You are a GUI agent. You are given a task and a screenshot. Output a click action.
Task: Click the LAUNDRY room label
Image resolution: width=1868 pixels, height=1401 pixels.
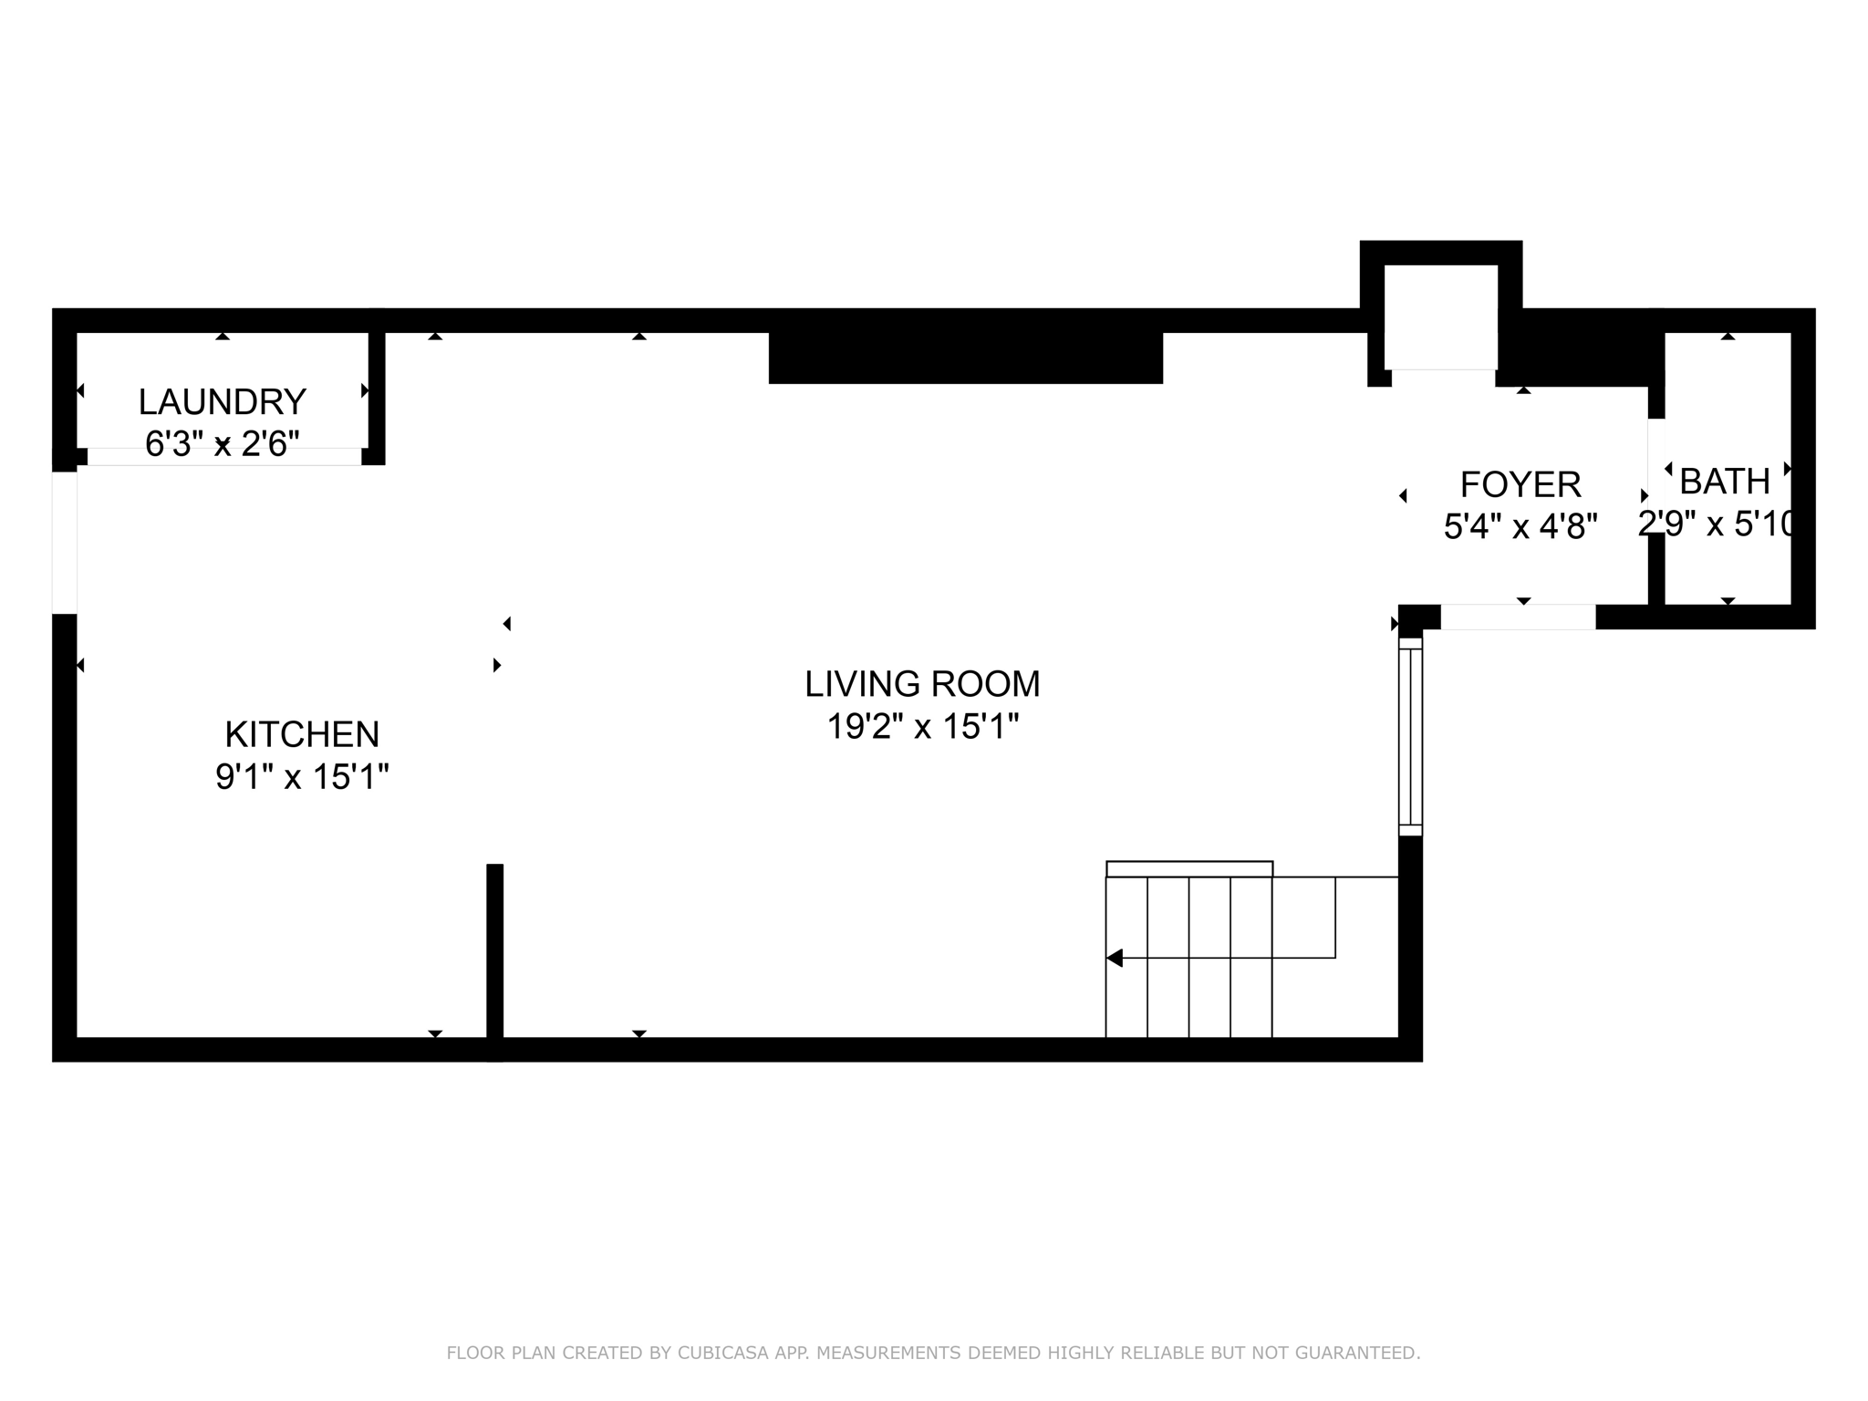pos(222,401)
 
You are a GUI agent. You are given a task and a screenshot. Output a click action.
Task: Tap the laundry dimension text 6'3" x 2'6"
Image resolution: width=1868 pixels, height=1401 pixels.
pos(222,444)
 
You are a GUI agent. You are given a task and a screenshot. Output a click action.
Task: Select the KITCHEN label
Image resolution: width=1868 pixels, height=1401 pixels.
pos(302,734)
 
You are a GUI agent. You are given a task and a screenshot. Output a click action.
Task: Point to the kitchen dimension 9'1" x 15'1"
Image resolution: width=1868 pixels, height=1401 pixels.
pos(302,777)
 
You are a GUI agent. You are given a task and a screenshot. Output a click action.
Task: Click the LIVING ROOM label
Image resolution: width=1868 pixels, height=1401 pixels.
pos(922,684)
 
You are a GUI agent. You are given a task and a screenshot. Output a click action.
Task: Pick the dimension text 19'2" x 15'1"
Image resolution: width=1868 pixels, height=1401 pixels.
pos(922,727)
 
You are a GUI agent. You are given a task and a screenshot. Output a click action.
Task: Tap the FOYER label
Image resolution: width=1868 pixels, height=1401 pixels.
pos(1520,484)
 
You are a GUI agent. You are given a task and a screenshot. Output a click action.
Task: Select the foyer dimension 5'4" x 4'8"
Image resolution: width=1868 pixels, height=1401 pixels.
pos(1520,526)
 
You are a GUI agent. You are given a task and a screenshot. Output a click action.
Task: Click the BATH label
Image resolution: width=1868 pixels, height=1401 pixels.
pos(1724,481)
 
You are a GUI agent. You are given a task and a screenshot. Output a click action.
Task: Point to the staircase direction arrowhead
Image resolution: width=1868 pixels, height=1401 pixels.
pos(1114,958)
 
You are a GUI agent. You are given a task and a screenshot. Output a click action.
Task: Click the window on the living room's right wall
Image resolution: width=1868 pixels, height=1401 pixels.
pos(1410,737)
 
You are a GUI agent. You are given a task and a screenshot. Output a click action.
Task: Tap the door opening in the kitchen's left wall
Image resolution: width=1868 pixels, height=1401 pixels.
pos(64,543)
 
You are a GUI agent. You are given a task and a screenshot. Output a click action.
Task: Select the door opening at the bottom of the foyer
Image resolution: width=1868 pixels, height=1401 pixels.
pos(1518,617)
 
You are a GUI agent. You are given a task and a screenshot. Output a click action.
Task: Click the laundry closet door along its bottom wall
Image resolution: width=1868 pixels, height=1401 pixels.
pos(223,456)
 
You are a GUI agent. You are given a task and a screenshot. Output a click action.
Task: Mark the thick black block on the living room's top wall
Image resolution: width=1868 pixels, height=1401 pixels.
pos(965,358)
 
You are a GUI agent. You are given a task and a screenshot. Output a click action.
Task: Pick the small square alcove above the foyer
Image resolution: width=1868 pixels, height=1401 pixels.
pos(1441,317)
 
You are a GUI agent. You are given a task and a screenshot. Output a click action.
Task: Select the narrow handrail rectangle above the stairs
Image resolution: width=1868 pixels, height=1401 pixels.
pos(1189,868)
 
